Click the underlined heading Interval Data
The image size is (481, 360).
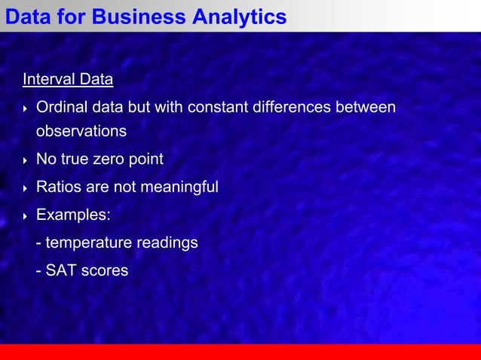pos(68,79)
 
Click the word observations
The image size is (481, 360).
pos(81,131)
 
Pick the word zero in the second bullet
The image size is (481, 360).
pos(109,160)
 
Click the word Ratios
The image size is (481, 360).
pos(58,187)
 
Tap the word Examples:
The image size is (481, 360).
pos(73,215)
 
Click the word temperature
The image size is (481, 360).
pos(88,243)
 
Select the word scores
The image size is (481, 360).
pos(105,270)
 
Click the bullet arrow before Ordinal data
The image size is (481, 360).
pos(26,108)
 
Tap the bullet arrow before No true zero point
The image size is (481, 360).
pos(26,160)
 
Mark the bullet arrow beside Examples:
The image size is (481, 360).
pos(26,216)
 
